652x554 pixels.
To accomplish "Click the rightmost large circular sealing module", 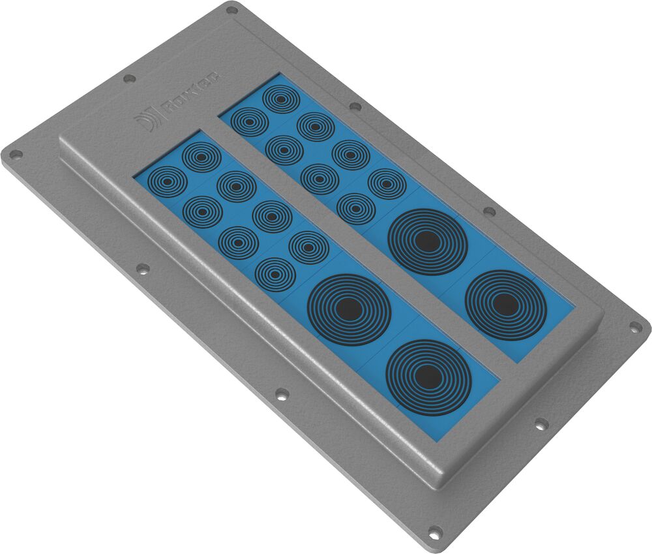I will pos(505,305).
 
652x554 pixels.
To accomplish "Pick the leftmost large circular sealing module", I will pos(349,309).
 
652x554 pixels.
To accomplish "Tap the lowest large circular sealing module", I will pos(428,377).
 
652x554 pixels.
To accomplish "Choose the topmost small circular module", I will pos(281,99).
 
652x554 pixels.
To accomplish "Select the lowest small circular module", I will pos(274,273).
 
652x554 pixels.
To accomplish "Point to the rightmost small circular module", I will pos(387,183).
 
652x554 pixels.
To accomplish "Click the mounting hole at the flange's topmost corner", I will pos(231,10).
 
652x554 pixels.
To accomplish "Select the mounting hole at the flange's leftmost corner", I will pos(15,155).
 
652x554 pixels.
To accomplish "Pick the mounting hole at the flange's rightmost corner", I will pos(635,328).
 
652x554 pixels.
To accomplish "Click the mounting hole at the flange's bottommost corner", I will pos(434,532).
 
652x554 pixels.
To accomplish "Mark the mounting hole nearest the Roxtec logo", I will pos(130,78).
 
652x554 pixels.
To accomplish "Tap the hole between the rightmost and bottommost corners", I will pos(541,424).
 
